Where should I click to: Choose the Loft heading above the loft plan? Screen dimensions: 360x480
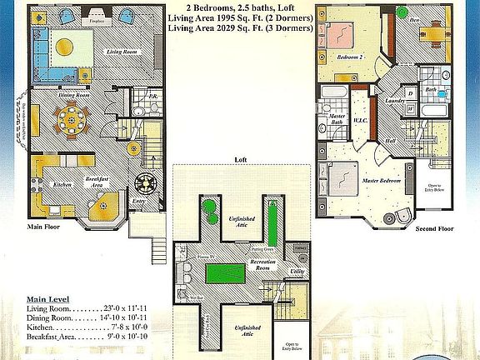240,158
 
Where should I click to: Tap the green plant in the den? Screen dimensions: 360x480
402,12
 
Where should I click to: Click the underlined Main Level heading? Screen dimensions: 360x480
48,298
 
